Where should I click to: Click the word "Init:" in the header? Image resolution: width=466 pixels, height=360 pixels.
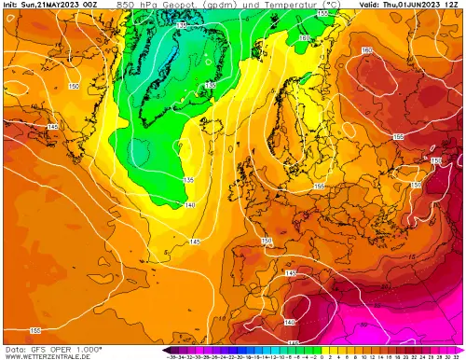point(12,5)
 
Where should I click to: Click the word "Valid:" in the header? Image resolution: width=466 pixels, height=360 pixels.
point(368,5)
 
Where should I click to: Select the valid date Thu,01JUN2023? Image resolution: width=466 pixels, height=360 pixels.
point(415,5)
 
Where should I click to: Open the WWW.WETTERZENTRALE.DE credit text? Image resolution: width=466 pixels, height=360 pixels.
point(47,355)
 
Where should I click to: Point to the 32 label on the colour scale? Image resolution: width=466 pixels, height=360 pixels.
point(459,355)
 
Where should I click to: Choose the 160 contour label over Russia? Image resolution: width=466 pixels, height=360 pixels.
point(366,50)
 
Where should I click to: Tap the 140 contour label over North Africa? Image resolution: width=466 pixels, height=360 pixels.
point(290,322)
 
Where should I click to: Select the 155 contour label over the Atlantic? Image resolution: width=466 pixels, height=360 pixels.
point(34,330)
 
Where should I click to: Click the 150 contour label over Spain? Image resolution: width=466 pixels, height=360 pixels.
point(267,241)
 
